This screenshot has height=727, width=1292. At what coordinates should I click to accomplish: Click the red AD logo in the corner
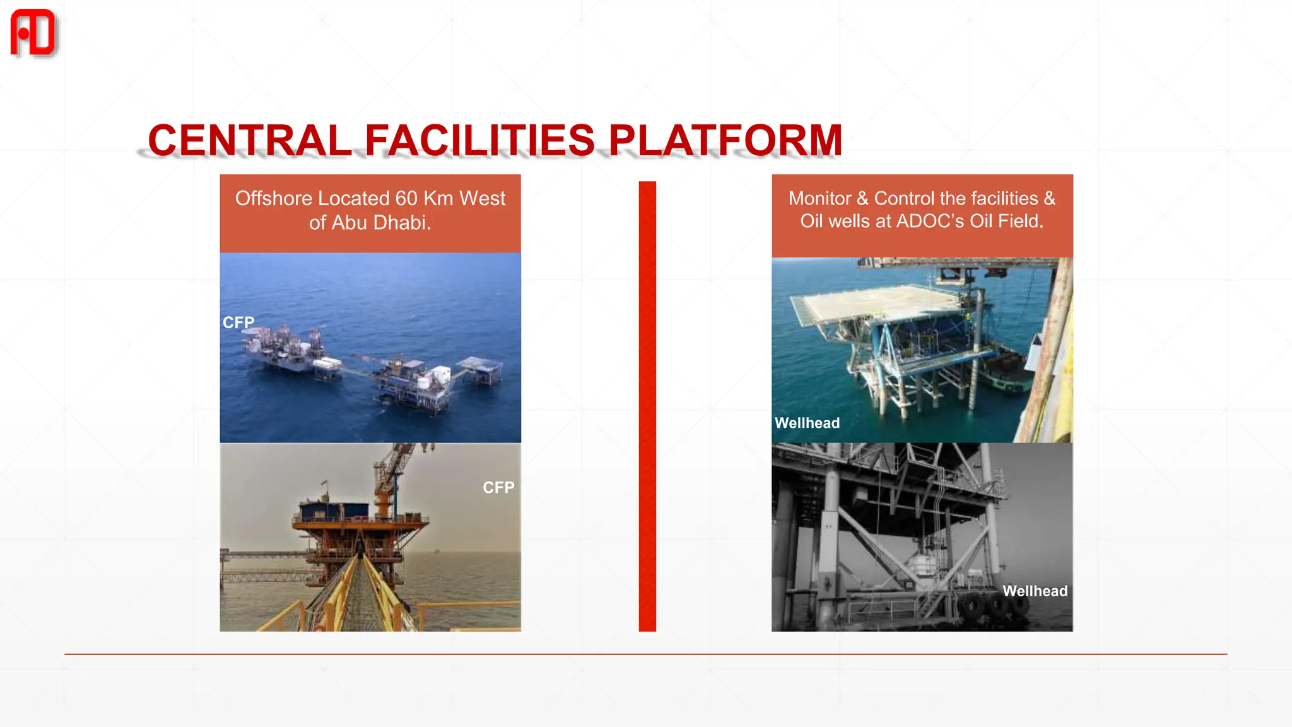pos(33,33)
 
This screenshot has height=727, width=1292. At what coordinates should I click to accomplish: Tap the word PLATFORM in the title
pos(725,140)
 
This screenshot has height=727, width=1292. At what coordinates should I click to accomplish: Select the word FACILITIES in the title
pos(479,140)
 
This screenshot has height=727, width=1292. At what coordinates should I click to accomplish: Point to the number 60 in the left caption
pos(406,198)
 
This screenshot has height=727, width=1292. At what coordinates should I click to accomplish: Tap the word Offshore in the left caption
pos(274,198)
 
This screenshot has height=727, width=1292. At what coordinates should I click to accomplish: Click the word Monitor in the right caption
pos(819,198)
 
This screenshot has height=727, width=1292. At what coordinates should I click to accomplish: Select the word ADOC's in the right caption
pos(930,222)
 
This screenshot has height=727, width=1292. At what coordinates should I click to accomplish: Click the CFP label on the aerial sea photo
pos(238,322)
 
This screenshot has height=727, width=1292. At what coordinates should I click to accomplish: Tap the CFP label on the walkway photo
pos(498,488)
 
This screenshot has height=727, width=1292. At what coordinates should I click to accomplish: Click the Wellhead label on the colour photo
pos(807,423)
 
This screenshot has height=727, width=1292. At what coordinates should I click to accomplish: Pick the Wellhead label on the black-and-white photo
pos(1035,591)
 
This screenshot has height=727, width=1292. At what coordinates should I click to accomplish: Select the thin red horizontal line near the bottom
pos(645,654)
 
